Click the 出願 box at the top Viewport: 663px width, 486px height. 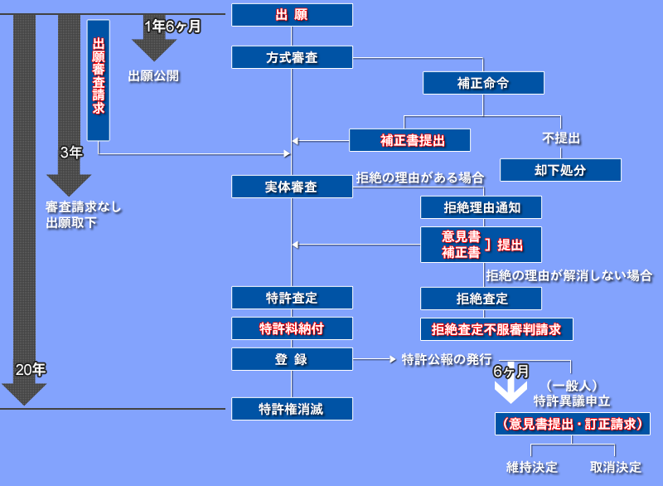tap(292, 15)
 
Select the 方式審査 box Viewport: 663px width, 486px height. tap(292, 57)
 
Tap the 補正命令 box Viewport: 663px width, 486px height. tap(483, 83)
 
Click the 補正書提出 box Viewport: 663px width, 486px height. tap(409, 140)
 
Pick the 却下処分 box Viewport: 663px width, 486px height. tap(560, 170)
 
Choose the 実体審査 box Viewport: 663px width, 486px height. tap(292, 187)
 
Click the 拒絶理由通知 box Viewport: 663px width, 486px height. tap(481, 207)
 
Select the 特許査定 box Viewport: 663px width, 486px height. tap(292, 298)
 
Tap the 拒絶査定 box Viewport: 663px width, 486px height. tap(481, 299)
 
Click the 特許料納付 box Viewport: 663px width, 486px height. tap(292, 328)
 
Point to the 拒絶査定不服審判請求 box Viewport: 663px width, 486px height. tap(496, 329)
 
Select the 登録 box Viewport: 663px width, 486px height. tap(292, 359)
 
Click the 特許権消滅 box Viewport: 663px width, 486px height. tap(292, 408)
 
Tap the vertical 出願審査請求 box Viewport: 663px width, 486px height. tap(99, 80)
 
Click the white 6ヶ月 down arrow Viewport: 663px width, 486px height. tap(511, 391)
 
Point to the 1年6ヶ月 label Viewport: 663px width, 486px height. tap(172, 26)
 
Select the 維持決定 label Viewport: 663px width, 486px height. tap(532, 467)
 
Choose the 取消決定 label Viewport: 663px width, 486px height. tap(616, 467)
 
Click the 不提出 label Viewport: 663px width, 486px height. tap(561, 138)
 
